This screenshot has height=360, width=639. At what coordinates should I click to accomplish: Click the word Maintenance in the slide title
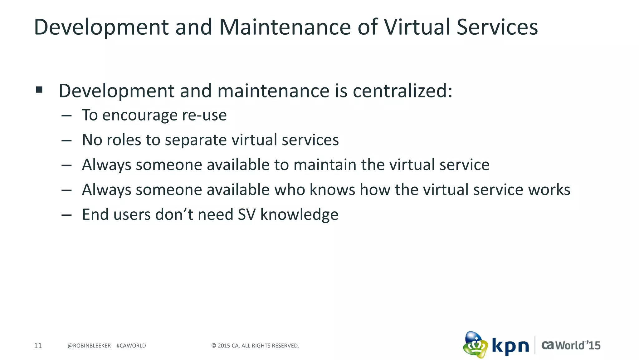coord(285,27)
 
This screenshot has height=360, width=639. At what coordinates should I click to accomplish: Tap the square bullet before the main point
coord(39,90)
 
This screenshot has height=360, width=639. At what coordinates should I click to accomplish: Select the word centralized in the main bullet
coord(402,91)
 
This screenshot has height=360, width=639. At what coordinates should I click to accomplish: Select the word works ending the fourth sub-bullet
coord(549,190)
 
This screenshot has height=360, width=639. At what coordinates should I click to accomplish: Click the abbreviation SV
coord(246,215)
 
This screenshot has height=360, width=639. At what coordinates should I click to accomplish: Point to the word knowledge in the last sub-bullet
coord(299,215)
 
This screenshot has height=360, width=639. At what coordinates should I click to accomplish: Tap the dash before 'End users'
coord(66,215)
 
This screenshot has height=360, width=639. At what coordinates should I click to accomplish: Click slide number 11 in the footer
coord(38,346)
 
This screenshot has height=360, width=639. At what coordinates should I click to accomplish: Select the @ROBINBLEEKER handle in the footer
coord(89,346)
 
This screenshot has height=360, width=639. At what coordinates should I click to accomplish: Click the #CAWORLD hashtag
coord(131,346)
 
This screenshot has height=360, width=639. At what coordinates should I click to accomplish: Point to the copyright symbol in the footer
coord(214,346)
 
